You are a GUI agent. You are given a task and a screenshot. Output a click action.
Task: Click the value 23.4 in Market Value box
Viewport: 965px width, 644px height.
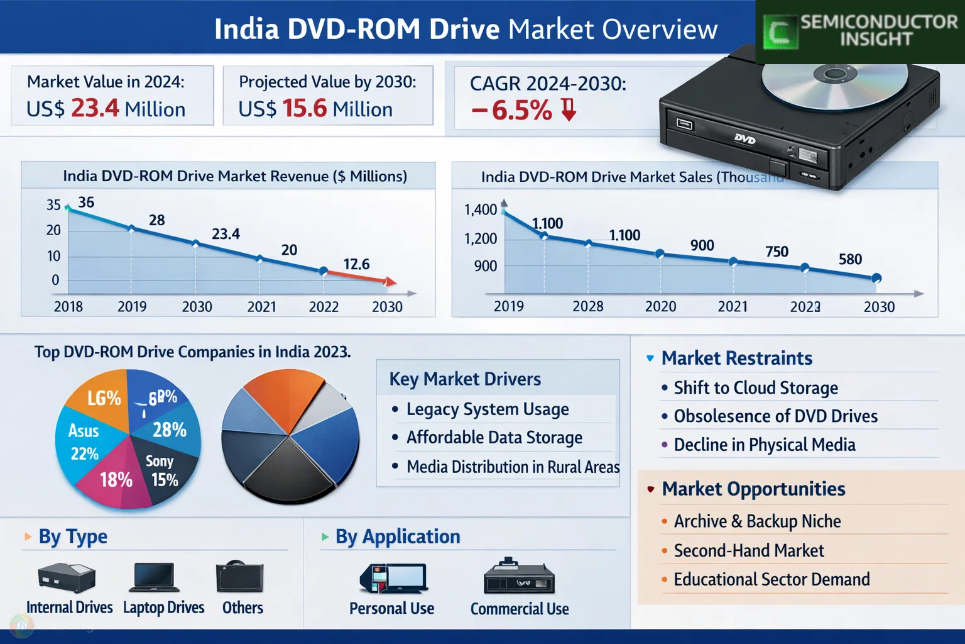95,108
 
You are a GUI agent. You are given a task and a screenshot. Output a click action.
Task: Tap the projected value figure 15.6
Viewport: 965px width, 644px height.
305,108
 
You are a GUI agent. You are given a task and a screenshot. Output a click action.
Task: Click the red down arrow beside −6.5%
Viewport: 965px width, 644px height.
569,109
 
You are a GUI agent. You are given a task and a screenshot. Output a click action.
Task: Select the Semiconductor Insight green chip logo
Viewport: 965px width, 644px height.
780,31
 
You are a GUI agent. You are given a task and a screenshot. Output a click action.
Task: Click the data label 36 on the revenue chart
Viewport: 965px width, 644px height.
86,202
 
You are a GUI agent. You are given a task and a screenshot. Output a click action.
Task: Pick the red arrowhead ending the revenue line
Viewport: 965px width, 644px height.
391,282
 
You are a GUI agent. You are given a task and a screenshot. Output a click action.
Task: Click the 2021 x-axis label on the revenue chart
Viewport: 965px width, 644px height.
261,307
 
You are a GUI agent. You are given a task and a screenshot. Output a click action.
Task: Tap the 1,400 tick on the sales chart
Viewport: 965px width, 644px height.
481,209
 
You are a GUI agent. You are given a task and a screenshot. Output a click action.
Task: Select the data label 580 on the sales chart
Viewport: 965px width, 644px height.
850,259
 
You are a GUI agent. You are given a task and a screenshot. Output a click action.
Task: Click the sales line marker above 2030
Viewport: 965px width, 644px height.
877,278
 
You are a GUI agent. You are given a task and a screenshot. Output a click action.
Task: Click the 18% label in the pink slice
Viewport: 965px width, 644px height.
116,480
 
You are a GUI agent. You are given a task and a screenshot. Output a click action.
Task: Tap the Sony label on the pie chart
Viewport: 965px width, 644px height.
160,461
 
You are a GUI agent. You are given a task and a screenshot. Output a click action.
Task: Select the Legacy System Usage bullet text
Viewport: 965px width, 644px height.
488,409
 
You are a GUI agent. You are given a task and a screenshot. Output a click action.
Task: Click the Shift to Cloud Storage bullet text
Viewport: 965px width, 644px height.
756,388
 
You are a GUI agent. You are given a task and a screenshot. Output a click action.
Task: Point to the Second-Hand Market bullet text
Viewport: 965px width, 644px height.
749,551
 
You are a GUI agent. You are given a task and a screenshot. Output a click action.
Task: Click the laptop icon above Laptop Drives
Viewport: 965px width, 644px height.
155,577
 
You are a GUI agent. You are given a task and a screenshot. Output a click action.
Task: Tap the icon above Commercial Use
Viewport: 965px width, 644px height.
519,577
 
